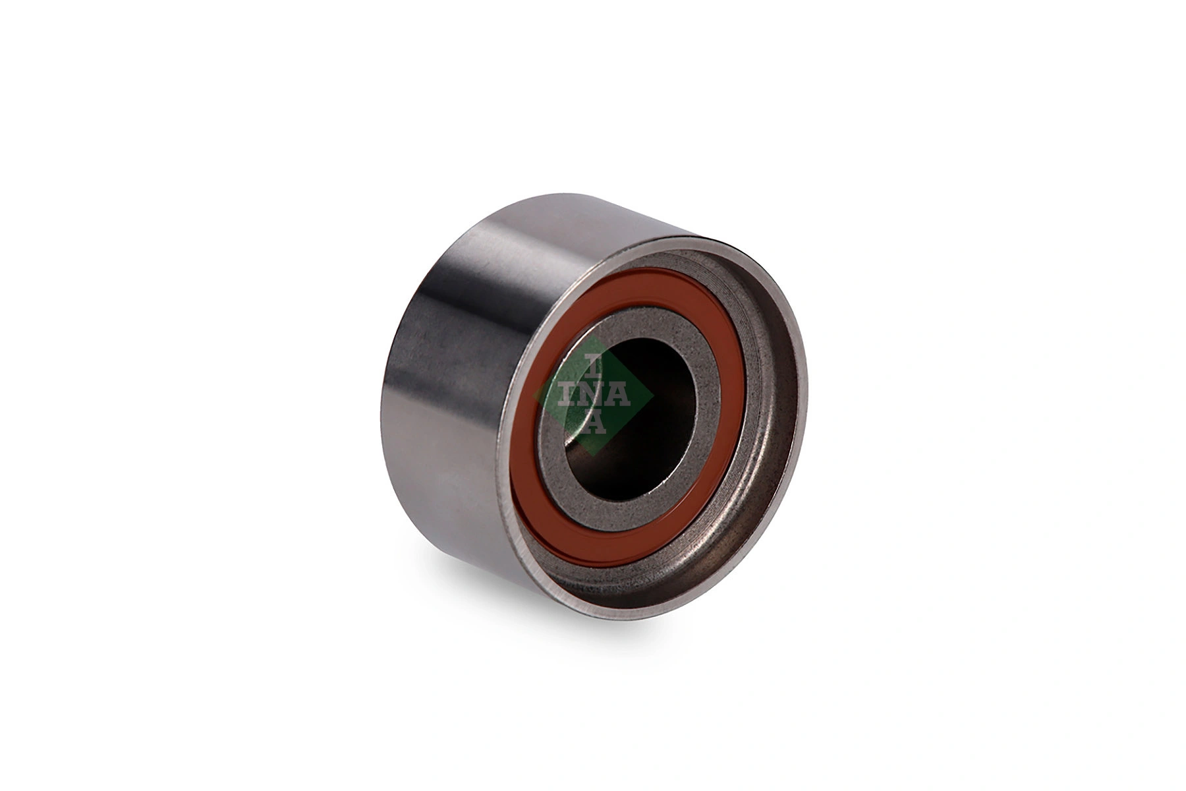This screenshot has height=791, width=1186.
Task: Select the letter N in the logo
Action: (593, 395)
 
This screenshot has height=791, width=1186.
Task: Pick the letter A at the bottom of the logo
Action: (593, 423)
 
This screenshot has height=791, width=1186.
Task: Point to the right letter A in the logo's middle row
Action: (619, 395)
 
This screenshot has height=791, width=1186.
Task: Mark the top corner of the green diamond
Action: (593, 336)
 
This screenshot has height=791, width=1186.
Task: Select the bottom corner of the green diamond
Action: (593, 455)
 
